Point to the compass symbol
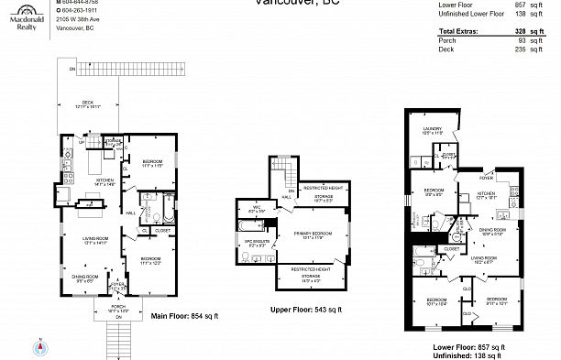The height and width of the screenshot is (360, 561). tap(41, 347)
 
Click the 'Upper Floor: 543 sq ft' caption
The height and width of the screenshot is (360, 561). tap(305, 310)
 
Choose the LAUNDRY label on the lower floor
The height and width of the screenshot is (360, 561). tap(432, 129)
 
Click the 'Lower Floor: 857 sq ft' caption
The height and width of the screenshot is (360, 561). tap(468, 346)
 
